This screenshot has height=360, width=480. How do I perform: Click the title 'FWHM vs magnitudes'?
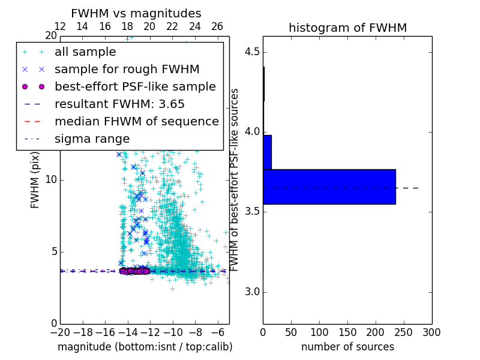(136, 13)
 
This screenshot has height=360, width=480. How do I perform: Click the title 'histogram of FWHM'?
(347, 28)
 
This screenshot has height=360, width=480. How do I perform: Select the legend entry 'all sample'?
(85, 52)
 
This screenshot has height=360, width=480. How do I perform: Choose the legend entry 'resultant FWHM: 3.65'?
(119, 104)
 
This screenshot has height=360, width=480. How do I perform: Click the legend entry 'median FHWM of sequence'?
(136, 122)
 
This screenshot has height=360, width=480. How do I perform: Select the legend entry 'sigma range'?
(92, 139)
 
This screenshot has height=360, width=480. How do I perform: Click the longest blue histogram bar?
(329, 187)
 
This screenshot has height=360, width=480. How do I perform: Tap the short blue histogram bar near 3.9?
(267, 152)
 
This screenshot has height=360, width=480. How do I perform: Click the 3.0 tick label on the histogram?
(251, 292)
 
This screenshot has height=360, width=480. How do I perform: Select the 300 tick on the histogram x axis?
(431, 332)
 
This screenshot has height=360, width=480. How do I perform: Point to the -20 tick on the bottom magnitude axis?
(60, 332)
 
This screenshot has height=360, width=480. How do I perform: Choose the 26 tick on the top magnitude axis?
(217, 26)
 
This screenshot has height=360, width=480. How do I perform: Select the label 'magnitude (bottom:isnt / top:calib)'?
(145, 347)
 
